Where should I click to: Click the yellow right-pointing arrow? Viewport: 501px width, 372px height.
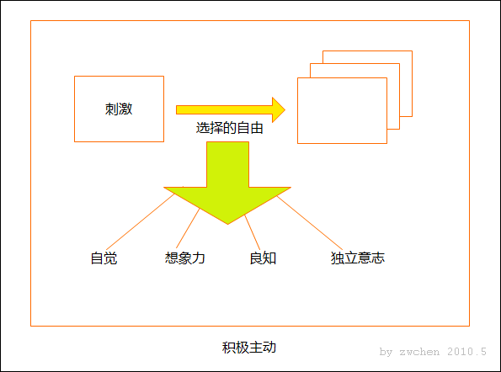(231, 110)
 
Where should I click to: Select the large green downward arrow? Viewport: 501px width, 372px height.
(227, 183)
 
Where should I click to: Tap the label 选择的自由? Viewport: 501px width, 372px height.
(229, 128)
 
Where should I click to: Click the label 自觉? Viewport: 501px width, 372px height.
(104, 258)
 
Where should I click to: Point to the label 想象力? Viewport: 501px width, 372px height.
(184, 258)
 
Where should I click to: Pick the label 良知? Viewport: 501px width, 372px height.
(263, 258)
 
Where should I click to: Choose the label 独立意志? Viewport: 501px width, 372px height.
(358, 258)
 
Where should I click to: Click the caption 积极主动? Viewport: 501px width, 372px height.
(249, 348)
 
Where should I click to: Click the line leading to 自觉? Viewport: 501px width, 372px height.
(141, 221)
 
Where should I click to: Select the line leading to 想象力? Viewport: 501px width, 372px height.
(188, 228)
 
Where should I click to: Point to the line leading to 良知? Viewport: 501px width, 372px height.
(252, 232)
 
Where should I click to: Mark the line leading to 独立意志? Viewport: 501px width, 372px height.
(309, 223)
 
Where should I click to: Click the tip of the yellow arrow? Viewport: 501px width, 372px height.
(285, 110)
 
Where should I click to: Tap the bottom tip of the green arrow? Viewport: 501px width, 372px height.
(227, 224)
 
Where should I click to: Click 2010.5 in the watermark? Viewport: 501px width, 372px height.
(466, 352)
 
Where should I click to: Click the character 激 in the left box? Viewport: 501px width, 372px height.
(125, 109)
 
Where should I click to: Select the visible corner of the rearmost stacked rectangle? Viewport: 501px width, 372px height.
(412, 51)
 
